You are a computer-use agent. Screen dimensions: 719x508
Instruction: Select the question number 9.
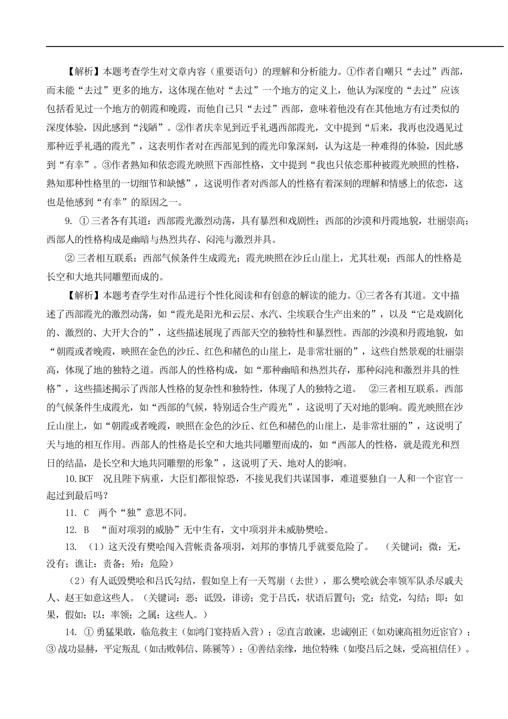tap(68, 220)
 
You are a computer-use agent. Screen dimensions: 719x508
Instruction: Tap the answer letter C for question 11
tap(86, 513)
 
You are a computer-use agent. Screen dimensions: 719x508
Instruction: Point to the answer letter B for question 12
tap(86, 530)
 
